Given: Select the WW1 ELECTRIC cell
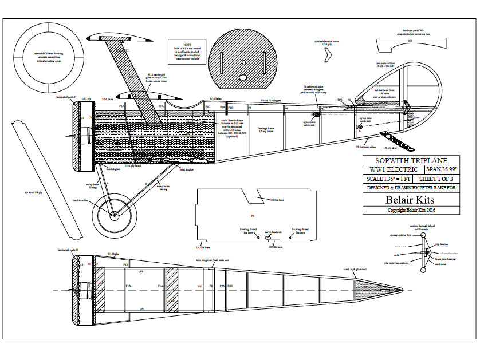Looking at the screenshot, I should [x=393, y=169].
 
